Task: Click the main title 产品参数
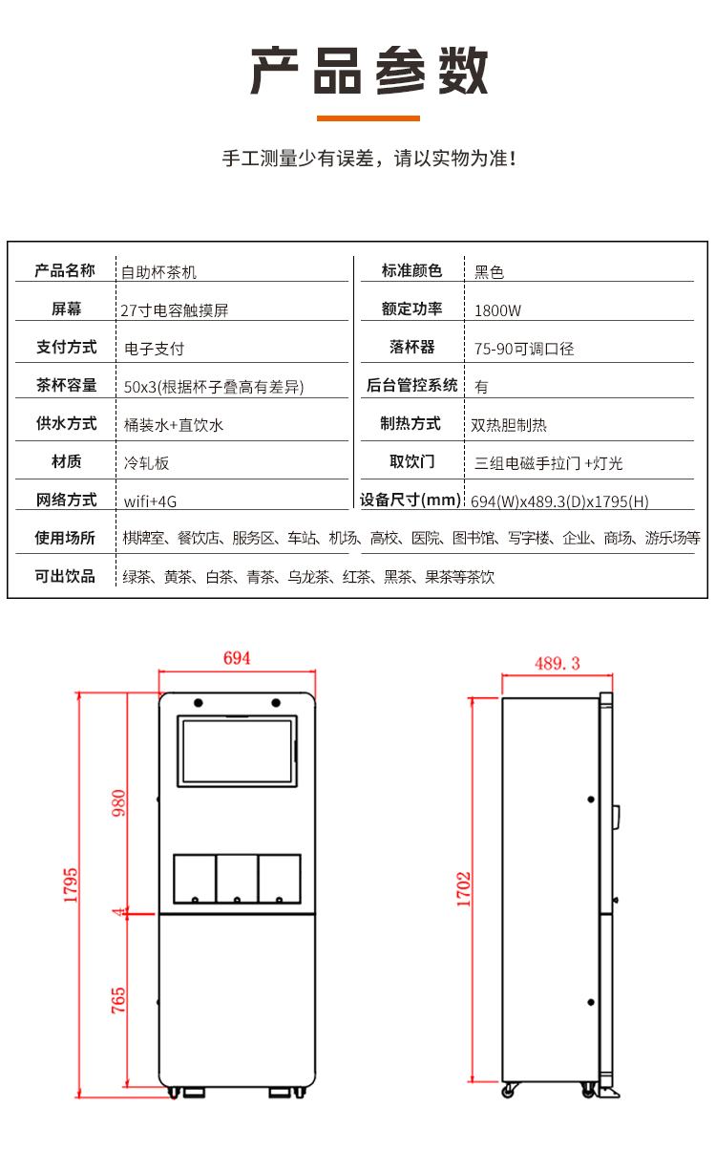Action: [x=369, y=71]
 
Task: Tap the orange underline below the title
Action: [x=368, y=118]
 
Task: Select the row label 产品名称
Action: [x=65, y=270]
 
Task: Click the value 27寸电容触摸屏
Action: [x=175, y=310]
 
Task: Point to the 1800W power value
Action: [x=497, y=310]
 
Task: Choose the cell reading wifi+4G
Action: [x=151, y=501]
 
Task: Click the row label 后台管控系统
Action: [x=411, y=385]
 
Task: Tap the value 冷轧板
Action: [x=146, y=463]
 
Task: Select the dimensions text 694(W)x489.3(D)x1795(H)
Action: [x=559, y=501]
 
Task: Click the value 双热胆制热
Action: [x=509, y=425]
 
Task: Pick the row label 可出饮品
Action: [x=65, y=576]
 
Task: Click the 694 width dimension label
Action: [x=237, y=658]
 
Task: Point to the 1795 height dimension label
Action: [x=71, y=885]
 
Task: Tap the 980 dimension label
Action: [x=118, y=803]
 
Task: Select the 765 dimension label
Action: [x=118, y=1000]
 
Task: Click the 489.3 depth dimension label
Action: [x=558, y=663]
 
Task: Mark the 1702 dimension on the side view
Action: [x=463, y=888]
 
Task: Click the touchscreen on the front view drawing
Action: [x=237, y=751]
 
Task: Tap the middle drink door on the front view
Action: [x=237, y=879]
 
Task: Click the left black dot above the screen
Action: [x=199, y=702]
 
